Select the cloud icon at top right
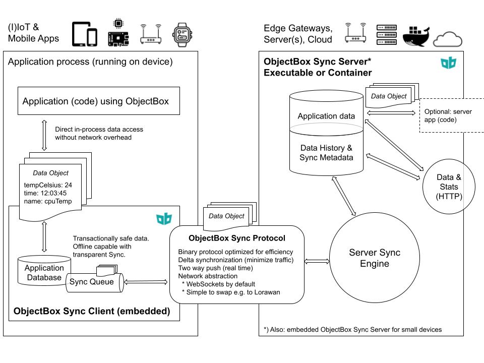pos(448,38)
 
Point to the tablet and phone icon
pos(85,35)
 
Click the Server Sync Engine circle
pos(368,258)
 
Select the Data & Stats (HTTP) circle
pos(448,187)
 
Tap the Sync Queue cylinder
pos(95,282)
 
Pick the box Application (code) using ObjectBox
pos(95,101)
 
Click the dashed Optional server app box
pos(451,115)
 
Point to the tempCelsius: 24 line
pos(48,185)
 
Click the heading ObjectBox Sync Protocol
pos(236,238)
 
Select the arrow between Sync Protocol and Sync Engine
pos(317,261)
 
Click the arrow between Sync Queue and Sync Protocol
pos(146,282)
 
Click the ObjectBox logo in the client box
pos(164,219)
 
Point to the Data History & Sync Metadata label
pos(326,153)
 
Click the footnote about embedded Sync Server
pos(352,329)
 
